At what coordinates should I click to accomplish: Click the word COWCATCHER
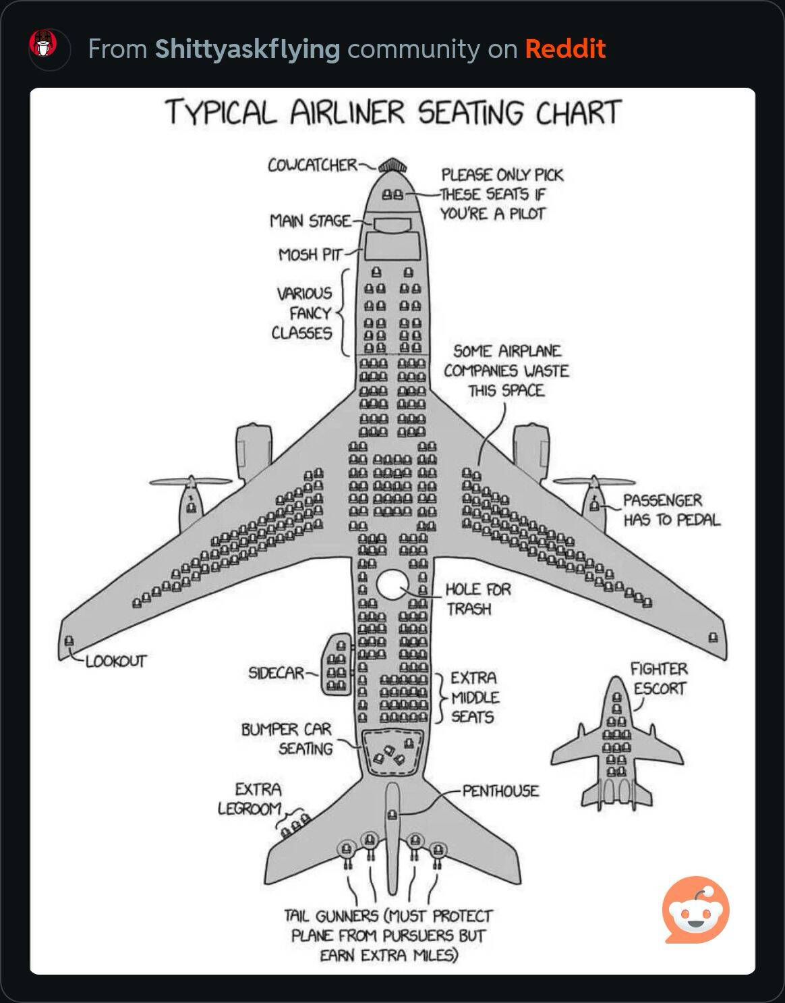tap(312, 165)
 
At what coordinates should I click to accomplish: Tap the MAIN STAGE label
tap(310, 221)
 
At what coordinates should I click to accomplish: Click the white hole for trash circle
tap(392, 585)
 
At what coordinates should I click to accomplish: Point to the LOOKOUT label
tap(115, 661)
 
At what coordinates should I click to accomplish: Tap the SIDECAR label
tap(276, 673)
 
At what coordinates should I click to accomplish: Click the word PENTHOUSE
tap(500, 790)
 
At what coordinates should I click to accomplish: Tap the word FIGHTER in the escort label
tap(658, 669)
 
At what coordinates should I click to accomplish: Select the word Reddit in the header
tap(565, 49)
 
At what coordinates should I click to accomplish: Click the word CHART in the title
tap(579, 112)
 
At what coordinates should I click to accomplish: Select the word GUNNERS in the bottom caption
tap(347, 916)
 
